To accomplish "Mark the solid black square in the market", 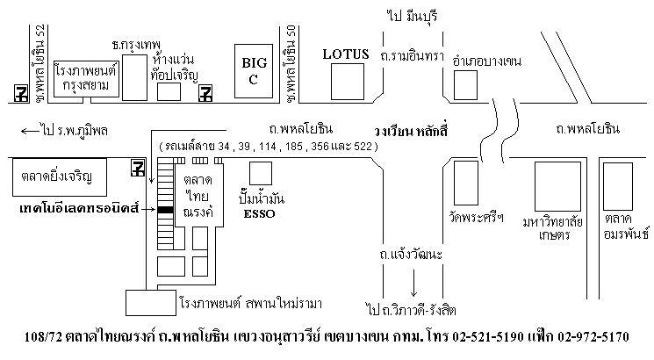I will pos(165,210).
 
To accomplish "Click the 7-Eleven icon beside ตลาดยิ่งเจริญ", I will pos(137,168).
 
